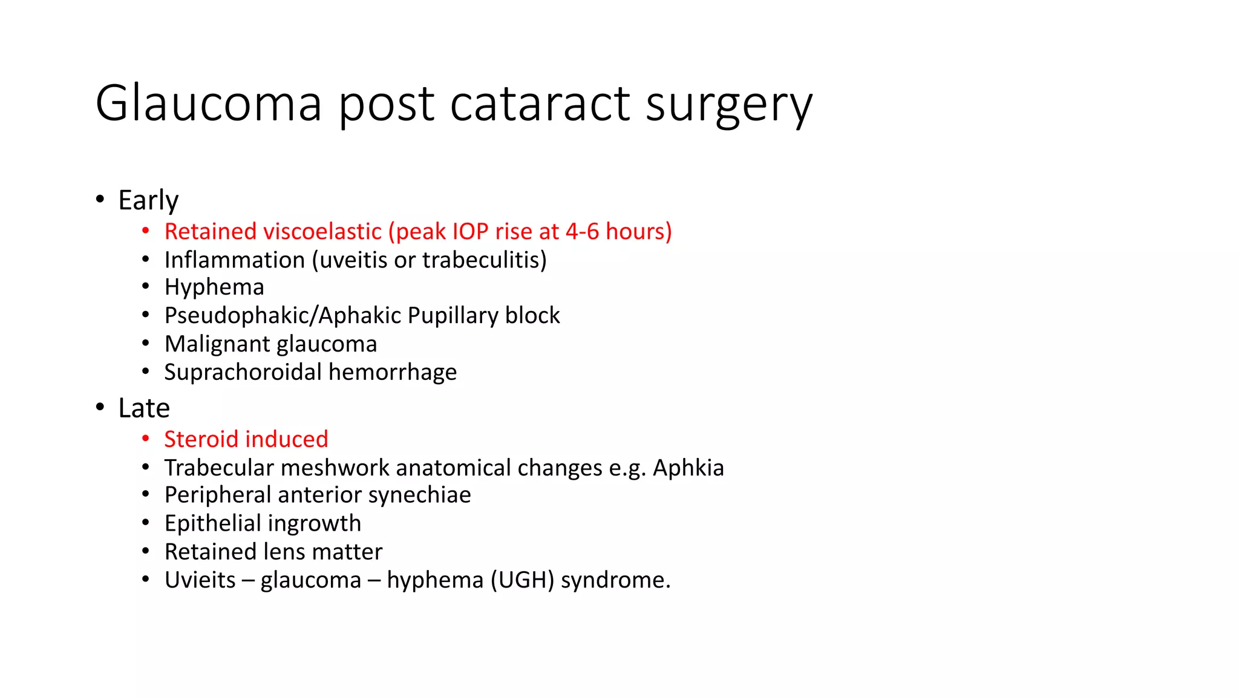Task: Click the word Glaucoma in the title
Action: point(209,103)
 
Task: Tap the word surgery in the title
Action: point(728,103)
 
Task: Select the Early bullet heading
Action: point(148,200)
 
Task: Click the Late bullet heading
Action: point(144,408)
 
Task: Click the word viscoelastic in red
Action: point(324,232)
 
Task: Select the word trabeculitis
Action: point(485,260)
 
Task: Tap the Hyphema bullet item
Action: point(214,287)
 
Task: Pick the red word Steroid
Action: point(200,439)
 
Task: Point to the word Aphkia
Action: point(688,468)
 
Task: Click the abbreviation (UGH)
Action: point(522,580)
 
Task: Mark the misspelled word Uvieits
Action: point(200,580)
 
